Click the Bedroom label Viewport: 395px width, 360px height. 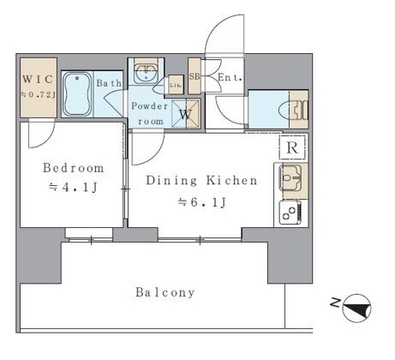74,168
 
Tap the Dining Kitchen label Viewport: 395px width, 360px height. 201,180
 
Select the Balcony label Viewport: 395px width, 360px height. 165,292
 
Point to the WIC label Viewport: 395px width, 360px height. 38,79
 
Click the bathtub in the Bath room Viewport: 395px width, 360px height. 77,94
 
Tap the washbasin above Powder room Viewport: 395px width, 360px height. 147,73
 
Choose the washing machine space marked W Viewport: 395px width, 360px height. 185,114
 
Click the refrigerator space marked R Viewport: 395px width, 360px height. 292,147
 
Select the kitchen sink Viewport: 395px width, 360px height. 290,177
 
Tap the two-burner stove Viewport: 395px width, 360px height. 290,213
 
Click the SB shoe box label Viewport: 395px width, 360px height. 195,76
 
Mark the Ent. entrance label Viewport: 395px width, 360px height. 230,77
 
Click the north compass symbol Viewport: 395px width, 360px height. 356,309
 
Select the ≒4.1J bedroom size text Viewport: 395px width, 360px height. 74,188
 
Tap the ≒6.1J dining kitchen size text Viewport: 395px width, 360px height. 202,202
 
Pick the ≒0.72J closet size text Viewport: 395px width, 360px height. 38,94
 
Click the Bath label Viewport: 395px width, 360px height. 109,83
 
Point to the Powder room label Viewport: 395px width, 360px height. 150,113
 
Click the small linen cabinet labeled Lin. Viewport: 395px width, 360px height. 176,85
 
